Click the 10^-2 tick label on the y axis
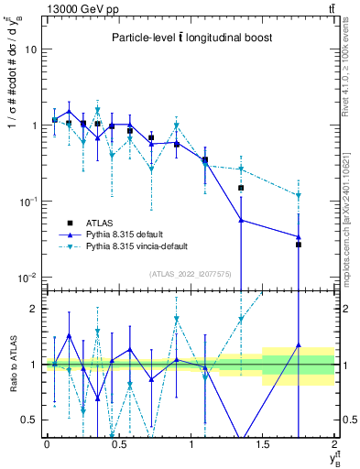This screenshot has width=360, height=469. [27, 278]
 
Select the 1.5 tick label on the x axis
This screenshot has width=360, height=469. [262, 444]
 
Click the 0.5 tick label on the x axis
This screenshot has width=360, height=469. [118, 444]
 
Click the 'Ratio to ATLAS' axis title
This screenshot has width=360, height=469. [12, 365]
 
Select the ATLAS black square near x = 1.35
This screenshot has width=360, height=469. [241, 188]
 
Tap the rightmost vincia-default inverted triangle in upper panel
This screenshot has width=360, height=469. [299, 195]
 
